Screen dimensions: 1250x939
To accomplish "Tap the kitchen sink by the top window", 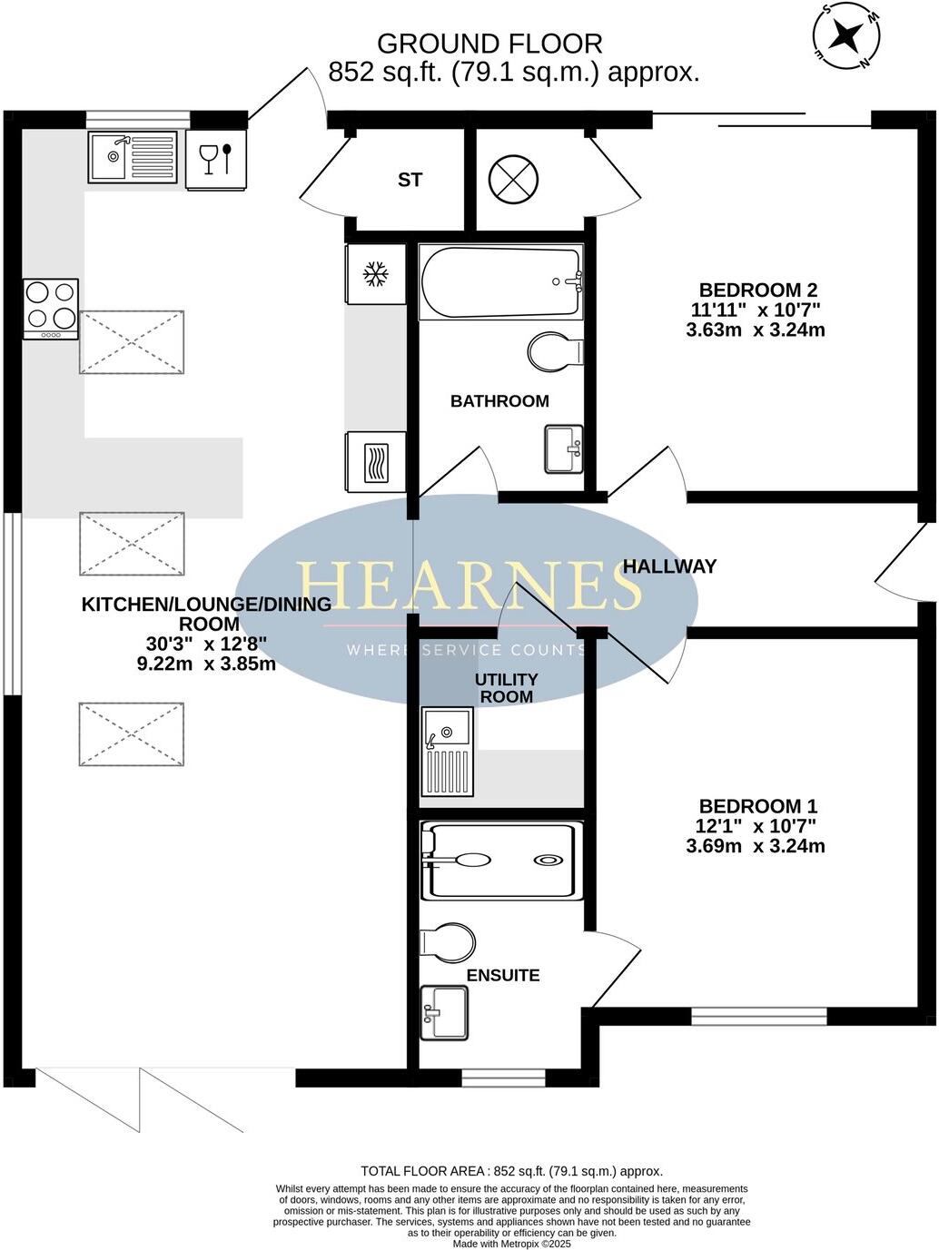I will click(133, 157).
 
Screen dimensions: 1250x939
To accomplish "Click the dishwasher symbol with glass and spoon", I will click(215, 160).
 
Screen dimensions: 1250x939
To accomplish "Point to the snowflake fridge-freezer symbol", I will click(375, 273).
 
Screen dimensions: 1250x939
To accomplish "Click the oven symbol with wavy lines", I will click(375, 462).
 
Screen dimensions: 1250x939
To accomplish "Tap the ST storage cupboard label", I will click(410, 180).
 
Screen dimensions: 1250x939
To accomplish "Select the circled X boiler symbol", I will click(514, 178).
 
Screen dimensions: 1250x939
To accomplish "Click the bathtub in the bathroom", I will click(500, 281).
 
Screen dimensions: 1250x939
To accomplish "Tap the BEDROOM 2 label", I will click(758, 290).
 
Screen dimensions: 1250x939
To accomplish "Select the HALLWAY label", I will click(669, 566).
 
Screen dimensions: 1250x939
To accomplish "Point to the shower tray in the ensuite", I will click(500, 861).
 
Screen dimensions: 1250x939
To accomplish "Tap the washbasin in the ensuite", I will click(444, 1012).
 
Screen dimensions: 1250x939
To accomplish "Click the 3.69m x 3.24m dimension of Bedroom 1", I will click(756, 847).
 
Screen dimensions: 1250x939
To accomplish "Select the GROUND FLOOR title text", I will click(489, 43).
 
